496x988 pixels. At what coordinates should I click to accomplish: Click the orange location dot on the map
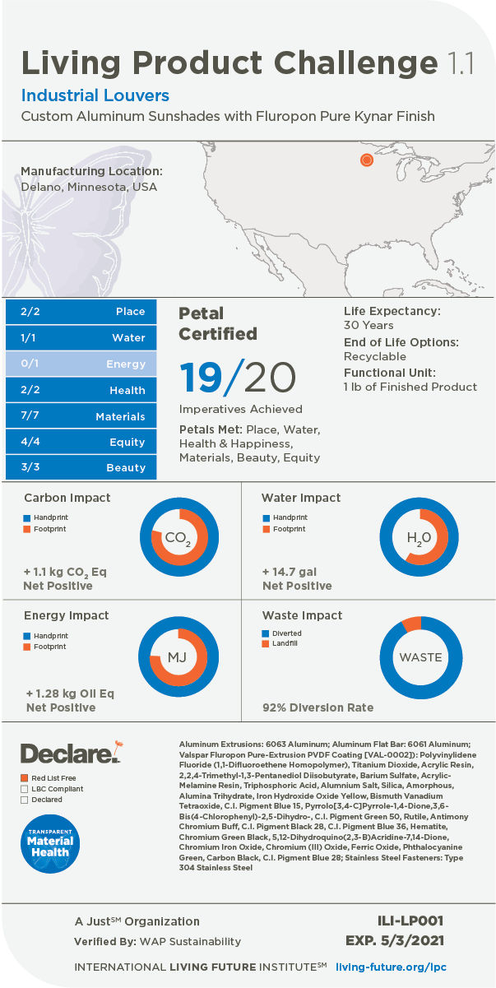[x=367, y=160]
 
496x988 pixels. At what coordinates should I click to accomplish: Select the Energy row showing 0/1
[x=81, y=364]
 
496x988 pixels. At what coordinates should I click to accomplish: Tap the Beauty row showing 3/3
[x=81, y=467]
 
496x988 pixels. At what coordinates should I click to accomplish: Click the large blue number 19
[x=201, y=377]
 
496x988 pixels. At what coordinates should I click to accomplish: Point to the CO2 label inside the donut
[x=178, y=539]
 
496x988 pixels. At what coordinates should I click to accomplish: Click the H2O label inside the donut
[x=419, y=539]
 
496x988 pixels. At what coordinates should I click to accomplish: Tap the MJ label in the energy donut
[x=178, y=657]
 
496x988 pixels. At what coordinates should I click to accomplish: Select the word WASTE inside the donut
[x=420, y=657]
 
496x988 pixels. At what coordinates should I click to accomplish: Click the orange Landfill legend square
[x=265, y=643]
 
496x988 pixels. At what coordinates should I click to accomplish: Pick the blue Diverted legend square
[x=265, y=633]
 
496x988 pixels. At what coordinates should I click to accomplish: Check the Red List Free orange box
[x=25, y=777]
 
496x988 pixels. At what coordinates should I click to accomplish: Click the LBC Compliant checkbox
[x=25, y=788]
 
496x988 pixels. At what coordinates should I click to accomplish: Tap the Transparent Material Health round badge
[x=49, y=841]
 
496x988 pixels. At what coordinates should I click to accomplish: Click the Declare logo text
[x=66, y=753]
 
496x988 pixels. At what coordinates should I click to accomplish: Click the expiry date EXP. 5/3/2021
[x=396, y=940]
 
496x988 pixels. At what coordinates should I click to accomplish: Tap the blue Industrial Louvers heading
[x=95, y=95]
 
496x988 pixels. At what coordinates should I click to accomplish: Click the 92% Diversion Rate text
[x=318, y=707]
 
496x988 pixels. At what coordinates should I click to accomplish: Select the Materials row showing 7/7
[x=81, y=416]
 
